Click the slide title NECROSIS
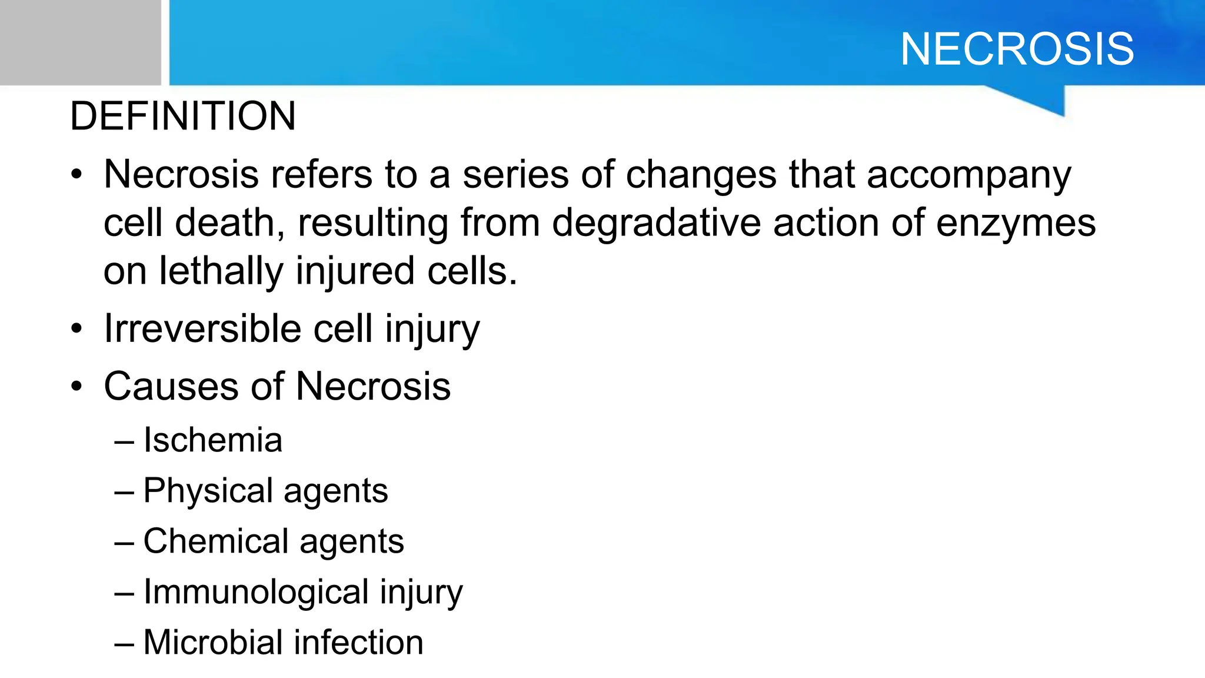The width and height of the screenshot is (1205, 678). coord(1017,49)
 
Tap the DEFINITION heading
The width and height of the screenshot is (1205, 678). coord(183,116)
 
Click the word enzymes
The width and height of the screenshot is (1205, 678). coord(1016,224)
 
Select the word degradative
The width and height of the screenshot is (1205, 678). coord(656,224)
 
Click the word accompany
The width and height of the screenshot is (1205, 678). coord(968,175)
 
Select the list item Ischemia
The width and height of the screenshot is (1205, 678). coord(212,440)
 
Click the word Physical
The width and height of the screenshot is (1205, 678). coord(208,490)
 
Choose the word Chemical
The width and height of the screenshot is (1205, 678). coord(217,541)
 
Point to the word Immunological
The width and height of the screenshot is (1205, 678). coord(256,591)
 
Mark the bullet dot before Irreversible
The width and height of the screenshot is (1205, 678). coord(76,329)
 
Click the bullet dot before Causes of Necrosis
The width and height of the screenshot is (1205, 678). coord(76,387)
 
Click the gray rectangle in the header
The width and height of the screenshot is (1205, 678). coord(80,42)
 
